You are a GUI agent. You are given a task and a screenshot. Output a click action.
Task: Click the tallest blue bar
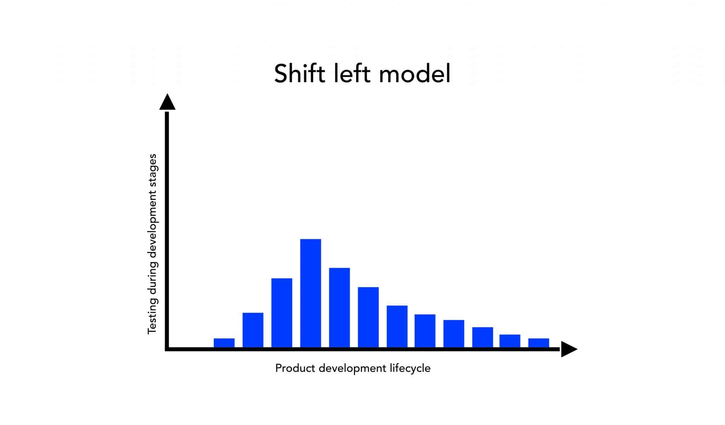[310, 293]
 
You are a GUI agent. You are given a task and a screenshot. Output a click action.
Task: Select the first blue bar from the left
[224, 342]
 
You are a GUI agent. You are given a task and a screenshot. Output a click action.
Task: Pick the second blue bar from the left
[253, 330]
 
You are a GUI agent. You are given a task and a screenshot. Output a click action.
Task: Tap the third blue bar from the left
[282, 312]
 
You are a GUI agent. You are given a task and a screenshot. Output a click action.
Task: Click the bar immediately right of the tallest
[339, 307]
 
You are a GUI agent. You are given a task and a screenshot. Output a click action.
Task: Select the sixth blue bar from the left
[368, 317]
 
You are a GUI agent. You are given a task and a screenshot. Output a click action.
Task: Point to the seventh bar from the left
[397, 326]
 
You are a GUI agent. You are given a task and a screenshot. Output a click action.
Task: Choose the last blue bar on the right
[538, 342]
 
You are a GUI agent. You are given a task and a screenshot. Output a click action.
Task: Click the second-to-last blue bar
[510, 341]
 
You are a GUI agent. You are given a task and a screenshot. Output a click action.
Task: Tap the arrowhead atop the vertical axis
[167, 103]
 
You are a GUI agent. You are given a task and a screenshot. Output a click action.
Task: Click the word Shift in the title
[299, 74]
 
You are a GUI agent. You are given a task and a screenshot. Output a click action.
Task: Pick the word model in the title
[415, 74]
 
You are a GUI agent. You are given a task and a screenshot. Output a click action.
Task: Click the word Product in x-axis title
[295, 368]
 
